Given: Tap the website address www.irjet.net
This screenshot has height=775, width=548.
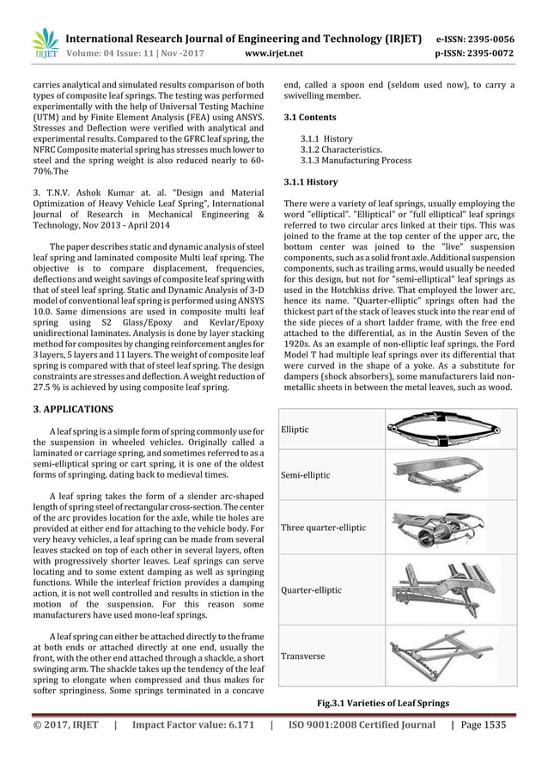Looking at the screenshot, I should pos(274,53).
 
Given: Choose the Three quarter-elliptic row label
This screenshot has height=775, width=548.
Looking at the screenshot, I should pos(324,528).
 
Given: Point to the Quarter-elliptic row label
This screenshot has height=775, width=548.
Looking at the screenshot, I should pos(312,590).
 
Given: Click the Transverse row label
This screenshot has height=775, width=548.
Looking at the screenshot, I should pos(303,656).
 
